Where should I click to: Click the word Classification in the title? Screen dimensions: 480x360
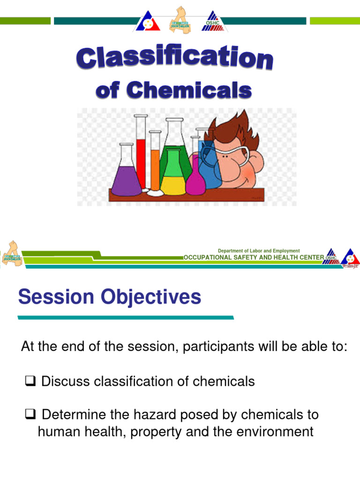174,60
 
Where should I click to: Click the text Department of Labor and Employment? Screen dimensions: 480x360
259,251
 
